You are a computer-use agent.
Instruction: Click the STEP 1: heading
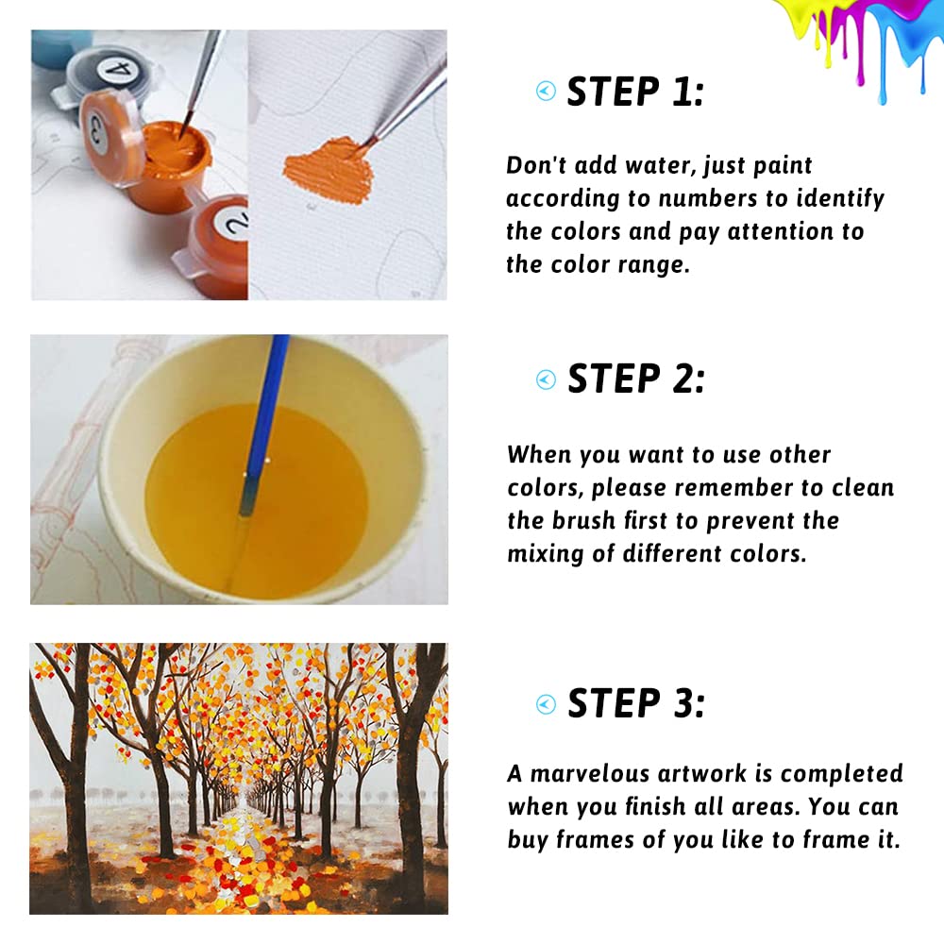635,93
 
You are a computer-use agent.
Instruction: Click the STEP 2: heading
635,379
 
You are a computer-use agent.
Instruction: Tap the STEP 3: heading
636,702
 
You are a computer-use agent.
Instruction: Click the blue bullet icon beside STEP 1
546,91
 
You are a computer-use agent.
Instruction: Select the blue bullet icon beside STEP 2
546,379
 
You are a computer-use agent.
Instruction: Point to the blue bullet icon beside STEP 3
546,704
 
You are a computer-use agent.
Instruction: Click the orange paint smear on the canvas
329,171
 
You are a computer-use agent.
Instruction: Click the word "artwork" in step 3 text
702,774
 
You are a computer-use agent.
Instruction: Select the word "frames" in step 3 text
595,840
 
